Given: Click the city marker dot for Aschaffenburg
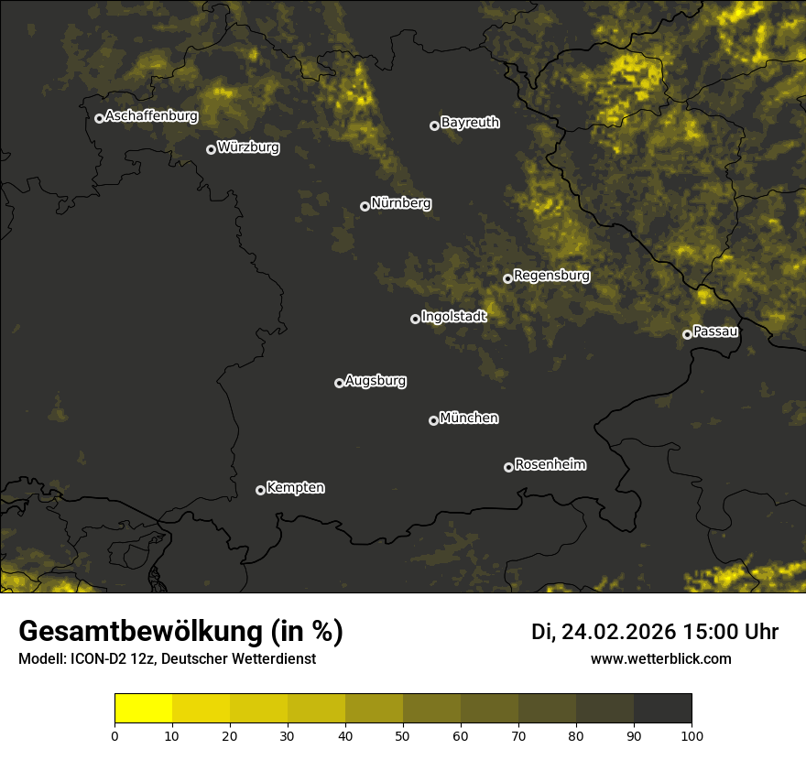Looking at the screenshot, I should [99, 118].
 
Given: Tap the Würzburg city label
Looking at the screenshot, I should [248, 147].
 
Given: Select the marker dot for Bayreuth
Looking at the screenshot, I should [434, 125].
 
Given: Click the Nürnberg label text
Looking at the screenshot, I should [400, 203].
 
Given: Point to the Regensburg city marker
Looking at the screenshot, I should [507, 278].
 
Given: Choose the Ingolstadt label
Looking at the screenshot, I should [453, 317].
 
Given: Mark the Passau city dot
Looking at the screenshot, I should [687, 334].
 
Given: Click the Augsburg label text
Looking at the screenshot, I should [376, 381].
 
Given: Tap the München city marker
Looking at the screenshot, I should [433, 420].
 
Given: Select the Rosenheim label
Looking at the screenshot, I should [550, 465].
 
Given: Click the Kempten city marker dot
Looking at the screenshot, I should [260, 490].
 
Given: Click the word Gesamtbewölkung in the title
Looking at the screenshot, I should [142, 632].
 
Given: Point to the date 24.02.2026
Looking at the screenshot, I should [618, 632].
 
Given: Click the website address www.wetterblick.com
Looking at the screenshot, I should [661, 658].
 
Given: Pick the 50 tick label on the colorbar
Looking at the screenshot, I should [403, 735].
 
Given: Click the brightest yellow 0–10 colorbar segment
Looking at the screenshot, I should [143, 709].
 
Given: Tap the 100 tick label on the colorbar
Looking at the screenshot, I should [692, 735].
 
